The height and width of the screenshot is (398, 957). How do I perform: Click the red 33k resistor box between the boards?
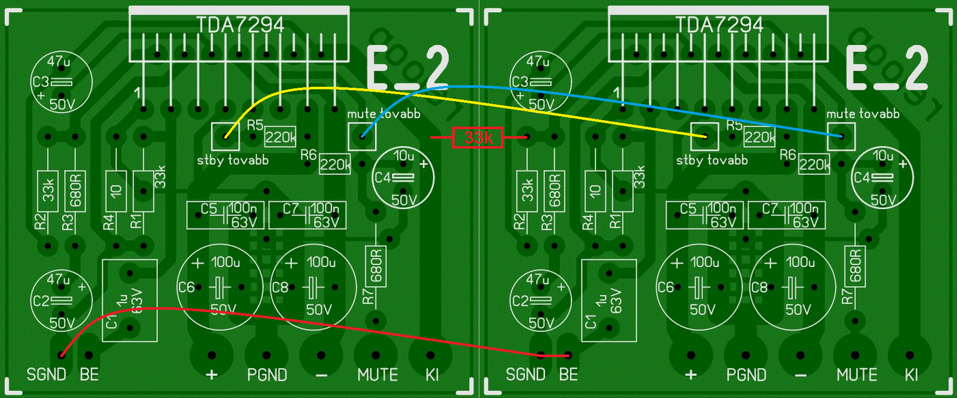[477, 137]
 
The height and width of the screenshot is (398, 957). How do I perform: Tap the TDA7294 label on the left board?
[240, 24]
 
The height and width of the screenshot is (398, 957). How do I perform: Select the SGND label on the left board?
[46, 375]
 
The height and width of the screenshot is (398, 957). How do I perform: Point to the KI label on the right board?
[911, 375]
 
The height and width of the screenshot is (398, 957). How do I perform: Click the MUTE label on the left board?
[377, 375]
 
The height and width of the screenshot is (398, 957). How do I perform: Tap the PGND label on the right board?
[746, 375]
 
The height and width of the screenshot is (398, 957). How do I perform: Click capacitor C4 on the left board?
[403, 178]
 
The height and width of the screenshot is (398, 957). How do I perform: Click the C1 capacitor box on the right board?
[609, 300]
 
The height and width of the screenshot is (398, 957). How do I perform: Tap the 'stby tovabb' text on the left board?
[233, 161]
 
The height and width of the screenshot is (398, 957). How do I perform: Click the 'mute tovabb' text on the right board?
[863, 114]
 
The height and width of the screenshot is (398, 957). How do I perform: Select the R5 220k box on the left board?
[280, 137]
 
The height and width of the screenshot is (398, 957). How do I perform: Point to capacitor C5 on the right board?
[704, 215]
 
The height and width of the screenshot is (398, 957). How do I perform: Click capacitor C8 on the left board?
[313, 287]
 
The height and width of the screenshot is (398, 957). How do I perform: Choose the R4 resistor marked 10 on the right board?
[595, 191]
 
